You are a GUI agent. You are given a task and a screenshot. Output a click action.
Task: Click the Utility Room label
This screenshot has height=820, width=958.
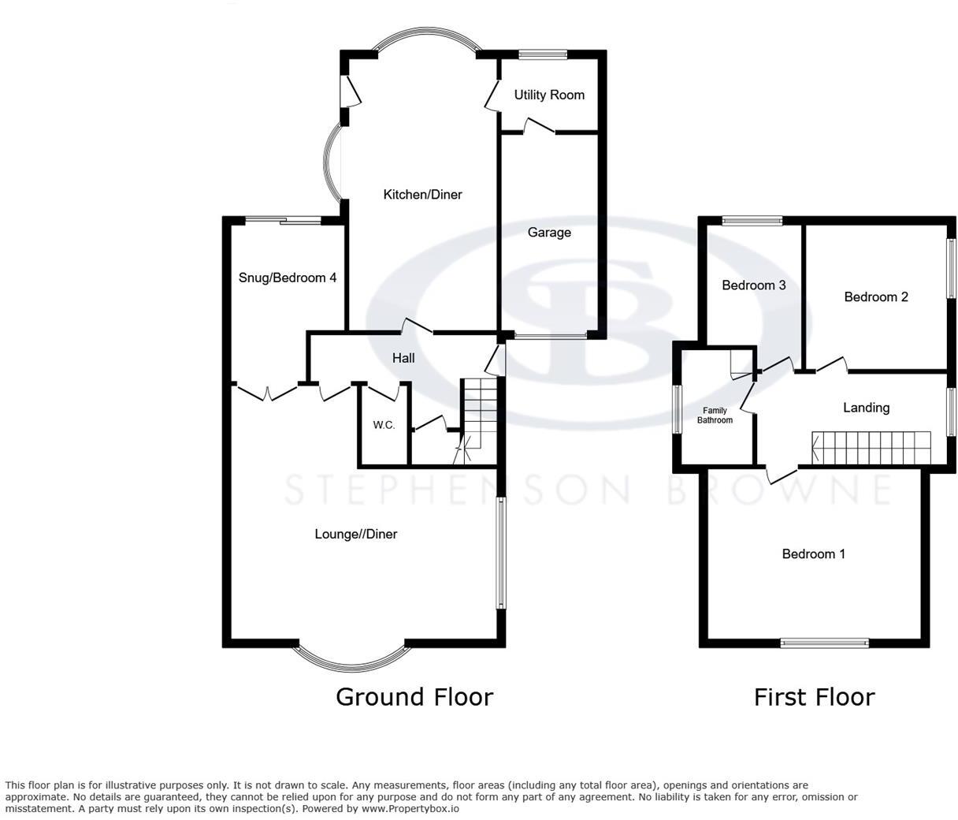(x=549, y=95)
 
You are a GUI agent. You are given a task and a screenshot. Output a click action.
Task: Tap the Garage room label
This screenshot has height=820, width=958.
(x=549, y=233)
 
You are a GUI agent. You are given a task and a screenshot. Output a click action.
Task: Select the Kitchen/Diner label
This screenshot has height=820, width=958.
(x=422, y=195)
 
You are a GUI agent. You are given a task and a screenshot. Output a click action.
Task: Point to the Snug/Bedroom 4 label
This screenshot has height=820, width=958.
(x=288, y=278)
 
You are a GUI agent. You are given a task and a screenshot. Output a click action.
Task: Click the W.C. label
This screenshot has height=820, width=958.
(x=384, y=426)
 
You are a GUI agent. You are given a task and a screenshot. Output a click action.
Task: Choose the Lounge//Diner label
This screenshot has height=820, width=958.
(x=356, y=534)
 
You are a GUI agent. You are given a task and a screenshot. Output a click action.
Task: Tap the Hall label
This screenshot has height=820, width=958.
(x=403, y=358)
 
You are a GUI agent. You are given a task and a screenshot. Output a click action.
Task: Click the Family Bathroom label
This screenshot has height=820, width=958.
(x=715, y=416)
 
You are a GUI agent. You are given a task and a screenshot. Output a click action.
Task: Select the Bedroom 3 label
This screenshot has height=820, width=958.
(x=754, y=285)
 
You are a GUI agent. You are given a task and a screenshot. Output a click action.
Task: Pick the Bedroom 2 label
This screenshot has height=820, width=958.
(x=876, y=297)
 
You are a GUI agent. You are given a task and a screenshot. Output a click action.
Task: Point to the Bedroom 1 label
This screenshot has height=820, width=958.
(x=813, y=554)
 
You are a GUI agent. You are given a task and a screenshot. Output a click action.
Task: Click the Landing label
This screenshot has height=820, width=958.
(x=866, y=408)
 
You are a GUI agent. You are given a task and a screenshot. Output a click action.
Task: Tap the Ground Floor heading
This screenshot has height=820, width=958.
(x=414, y=697)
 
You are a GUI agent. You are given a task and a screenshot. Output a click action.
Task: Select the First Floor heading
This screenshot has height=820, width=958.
(x=814, y=697)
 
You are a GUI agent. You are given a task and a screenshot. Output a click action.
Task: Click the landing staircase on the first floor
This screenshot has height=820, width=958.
(x=871, y=448)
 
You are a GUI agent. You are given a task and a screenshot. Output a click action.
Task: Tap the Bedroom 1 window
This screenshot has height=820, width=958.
(x=824, y=643)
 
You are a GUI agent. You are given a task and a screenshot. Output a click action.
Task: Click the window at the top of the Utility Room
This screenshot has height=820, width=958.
(x=544, y=54)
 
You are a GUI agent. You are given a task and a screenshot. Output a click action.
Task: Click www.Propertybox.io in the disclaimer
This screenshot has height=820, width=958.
(x=410, y=808)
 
